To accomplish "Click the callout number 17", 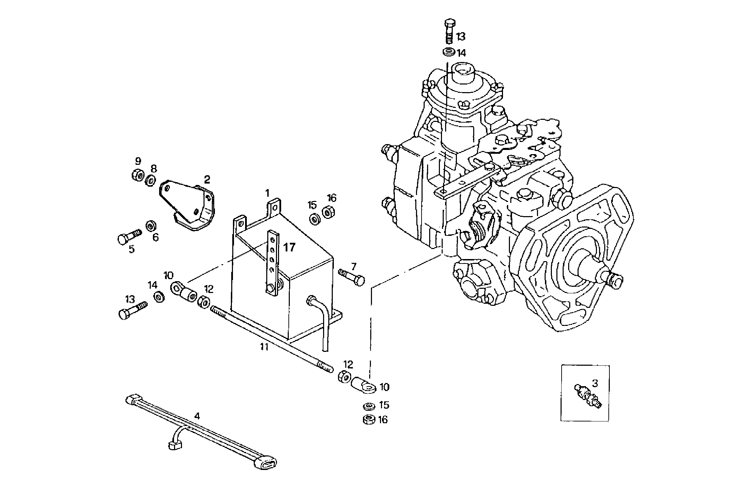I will click(x=289, y=247).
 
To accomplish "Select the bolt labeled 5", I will click(x=130, y=237).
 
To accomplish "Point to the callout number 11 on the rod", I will click(x=265, y=347).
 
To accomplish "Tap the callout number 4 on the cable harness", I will click(x=197, y=416).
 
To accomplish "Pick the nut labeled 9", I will click(x=138, y=175).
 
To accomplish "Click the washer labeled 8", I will click(x=150, y=181).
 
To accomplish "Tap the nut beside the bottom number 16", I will click(x=368, y=420).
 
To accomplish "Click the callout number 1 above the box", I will click(x=267, y=193).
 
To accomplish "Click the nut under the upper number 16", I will click(x=328, y=212).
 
